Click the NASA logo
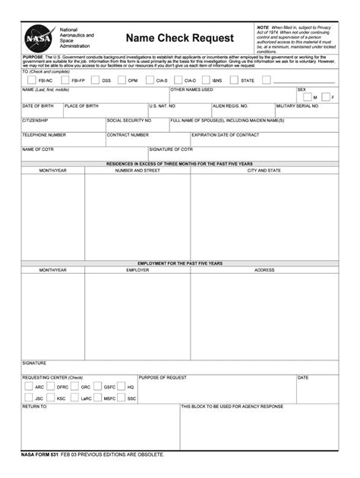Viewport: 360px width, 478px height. coord(38,37)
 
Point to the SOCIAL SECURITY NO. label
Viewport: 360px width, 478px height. coord(129,120)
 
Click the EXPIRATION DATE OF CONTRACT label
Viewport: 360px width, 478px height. coord(225,134)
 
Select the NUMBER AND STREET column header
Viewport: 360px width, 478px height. coord(137,171)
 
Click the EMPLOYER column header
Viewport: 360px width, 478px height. coord(137,270)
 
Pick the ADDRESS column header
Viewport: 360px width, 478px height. coord(264,270)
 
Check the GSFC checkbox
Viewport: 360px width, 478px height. coord(98,387)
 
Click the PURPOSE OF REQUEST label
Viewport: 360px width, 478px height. coord(163,377)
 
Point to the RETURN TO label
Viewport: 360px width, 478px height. coord(34,407)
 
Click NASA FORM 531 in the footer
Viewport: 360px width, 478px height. coord(39,454)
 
